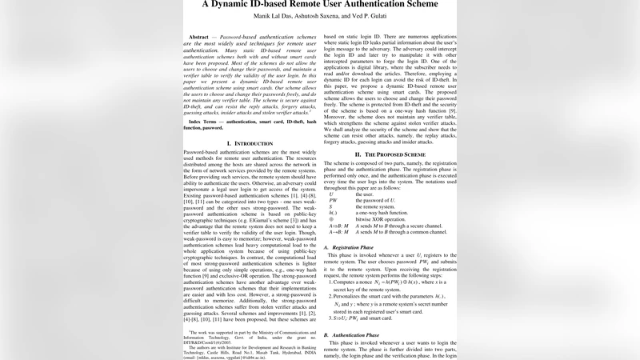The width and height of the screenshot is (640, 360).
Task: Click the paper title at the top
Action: tap(319, 4)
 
